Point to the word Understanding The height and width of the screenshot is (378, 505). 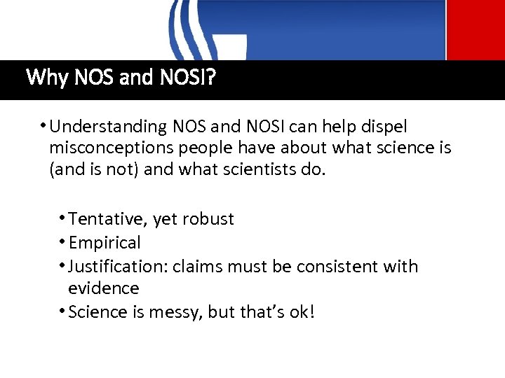coord(106,127)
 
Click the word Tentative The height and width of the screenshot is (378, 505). coord(107,219)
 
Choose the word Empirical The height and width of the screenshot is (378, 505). coord(105,243)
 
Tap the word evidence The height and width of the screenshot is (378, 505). coord(104,288)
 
